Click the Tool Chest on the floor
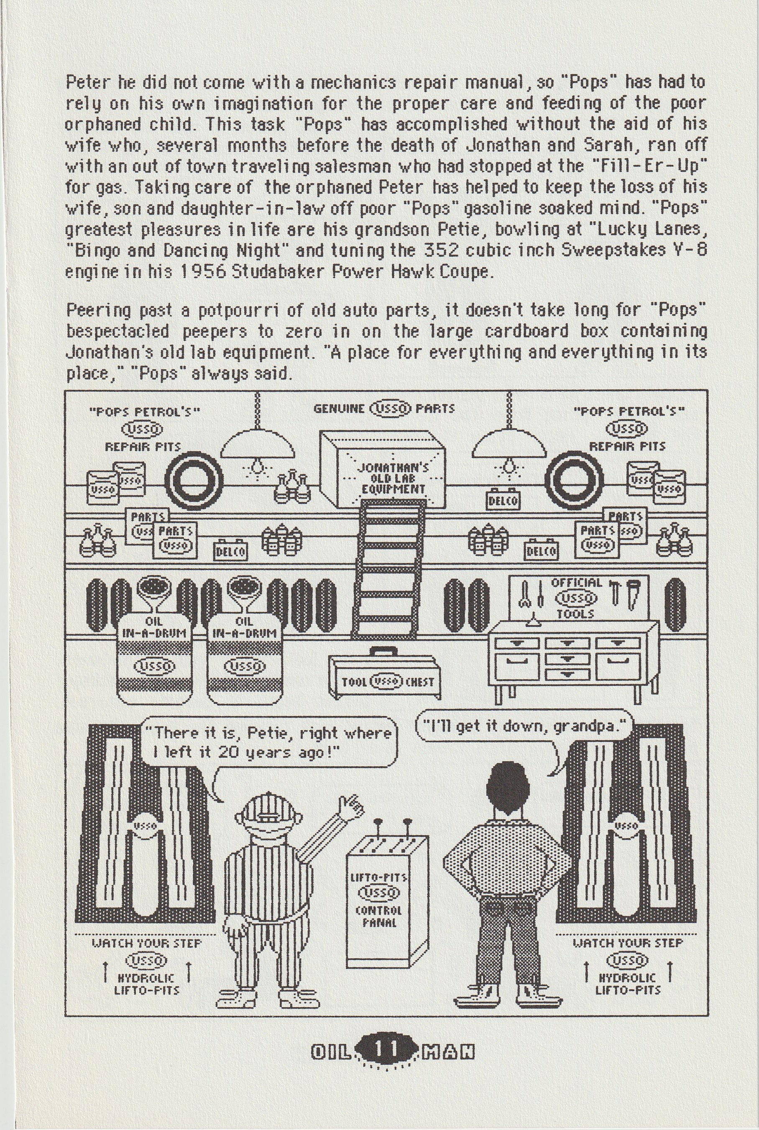tap(382, 672)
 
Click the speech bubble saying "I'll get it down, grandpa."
tap(523, 726)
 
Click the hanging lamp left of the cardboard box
tap(258, 445)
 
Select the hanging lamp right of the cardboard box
tap(509, 445)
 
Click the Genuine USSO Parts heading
tap(384, 409)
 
